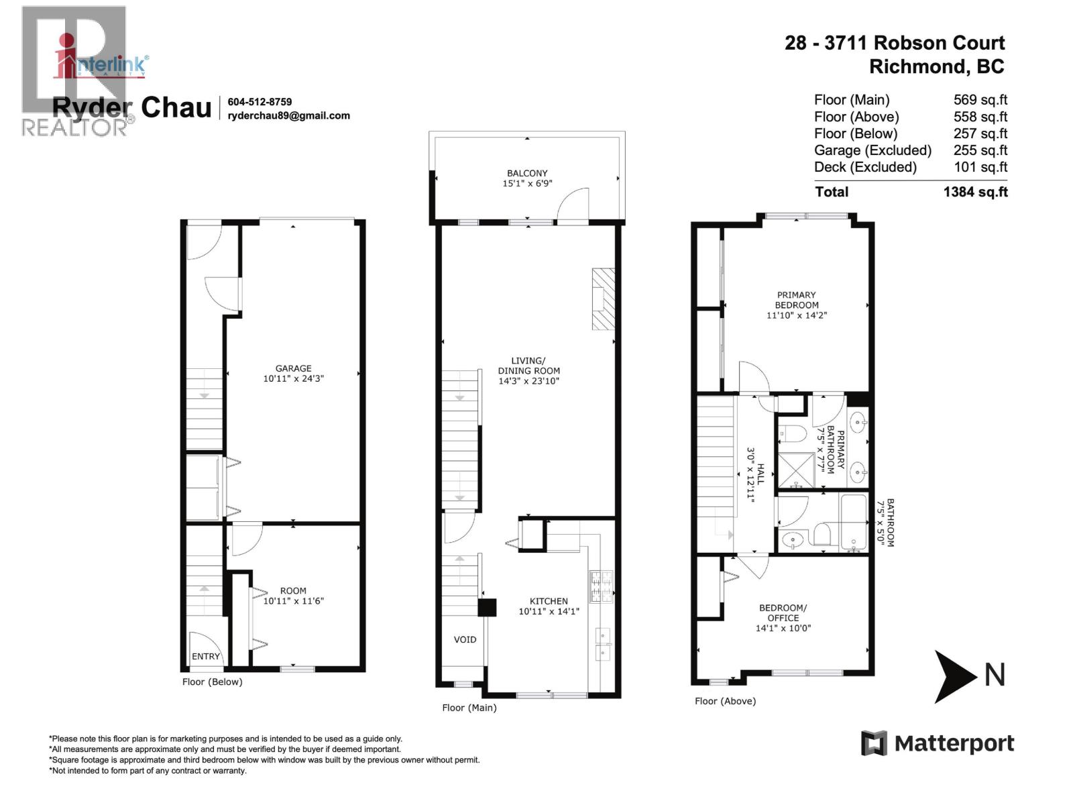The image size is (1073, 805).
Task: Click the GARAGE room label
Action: [x=293, y=368]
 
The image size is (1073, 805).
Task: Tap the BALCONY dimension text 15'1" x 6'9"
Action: [x=527, y=183]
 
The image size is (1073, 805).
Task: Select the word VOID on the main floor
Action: [x=465, y=639]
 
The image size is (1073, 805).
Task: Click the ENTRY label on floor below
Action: [x=205, y=657]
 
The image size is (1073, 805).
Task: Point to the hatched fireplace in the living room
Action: [x=603, y=299]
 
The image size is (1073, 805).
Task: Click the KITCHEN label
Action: [x=549, y=601]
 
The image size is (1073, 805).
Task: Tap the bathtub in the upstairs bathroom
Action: [x=854, y=523]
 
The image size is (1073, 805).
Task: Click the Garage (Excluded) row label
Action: [x=872, y=150]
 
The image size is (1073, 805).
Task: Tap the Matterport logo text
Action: [x=954, y=743]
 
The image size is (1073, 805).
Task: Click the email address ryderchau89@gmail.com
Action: [x=288, y=115]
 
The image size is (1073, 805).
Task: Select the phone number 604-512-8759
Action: [x=260, y=102]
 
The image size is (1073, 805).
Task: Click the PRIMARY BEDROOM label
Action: [x=796, y=300]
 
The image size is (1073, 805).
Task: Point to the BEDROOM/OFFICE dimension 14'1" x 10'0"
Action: [x=783, y=629]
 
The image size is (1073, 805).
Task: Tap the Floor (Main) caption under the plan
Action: [x=469, y=708]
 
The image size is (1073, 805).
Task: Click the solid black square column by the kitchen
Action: [x=487, y=607]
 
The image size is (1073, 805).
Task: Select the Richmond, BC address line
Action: [x=936, y=66]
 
